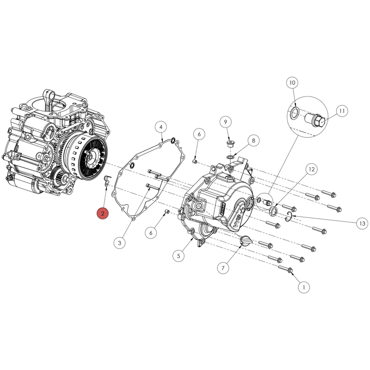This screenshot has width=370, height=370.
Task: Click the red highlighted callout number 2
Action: [x=103, y=214]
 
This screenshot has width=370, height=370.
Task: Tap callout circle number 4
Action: [x=161, y=127]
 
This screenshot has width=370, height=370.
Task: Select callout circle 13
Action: [x=362, y=223]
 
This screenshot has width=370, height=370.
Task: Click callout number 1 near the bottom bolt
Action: [x=304, y=287]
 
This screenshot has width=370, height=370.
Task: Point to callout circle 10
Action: [x=292, y=83]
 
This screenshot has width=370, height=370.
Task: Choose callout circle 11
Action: [x=342, y=111]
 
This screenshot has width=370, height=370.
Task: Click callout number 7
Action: [x=223, y=268]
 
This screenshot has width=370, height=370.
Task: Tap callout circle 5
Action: [x=178, y=256]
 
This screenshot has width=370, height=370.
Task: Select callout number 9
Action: [x=226, y=122]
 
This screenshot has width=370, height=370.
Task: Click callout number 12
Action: [x=312, y=169]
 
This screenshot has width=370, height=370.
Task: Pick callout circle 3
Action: [x=119, y=243]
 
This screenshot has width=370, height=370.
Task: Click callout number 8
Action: [x=254, y=141]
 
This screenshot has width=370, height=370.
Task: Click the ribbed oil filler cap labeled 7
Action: [x=246, y=241]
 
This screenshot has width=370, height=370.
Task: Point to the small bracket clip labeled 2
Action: [x=107, y=180]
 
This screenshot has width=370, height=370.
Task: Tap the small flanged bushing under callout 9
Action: [x=230, y=144]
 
